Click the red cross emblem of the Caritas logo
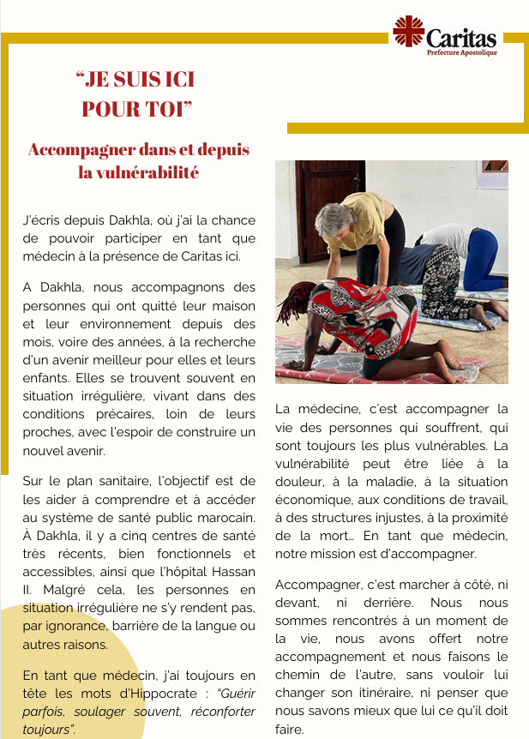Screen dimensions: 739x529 [409, 32]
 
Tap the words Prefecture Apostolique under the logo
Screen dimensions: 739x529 [461, 52]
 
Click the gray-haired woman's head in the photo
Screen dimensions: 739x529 [332, 218]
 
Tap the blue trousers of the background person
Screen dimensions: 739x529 [480, 257]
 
